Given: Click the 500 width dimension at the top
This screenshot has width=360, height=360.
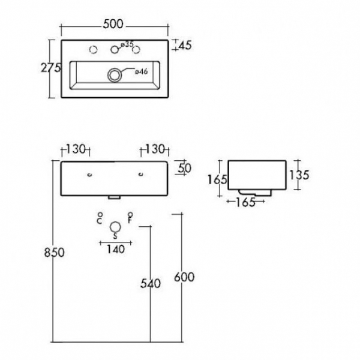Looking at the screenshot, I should pos(115,25).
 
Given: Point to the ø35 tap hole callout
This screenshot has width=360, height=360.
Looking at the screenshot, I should pos(127,44).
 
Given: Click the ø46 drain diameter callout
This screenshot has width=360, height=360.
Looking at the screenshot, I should pos(141,72).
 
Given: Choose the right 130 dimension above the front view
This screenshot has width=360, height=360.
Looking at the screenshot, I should pos(154,149).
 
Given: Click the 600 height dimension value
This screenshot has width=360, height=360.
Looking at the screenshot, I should pos(184,277).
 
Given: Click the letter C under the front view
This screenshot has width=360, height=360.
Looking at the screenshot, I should pos(100,221).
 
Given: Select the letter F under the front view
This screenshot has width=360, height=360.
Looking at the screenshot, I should pos(130,221).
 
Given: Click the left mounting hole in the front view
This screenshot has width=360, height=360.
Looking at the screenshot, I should pos(89,175).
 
